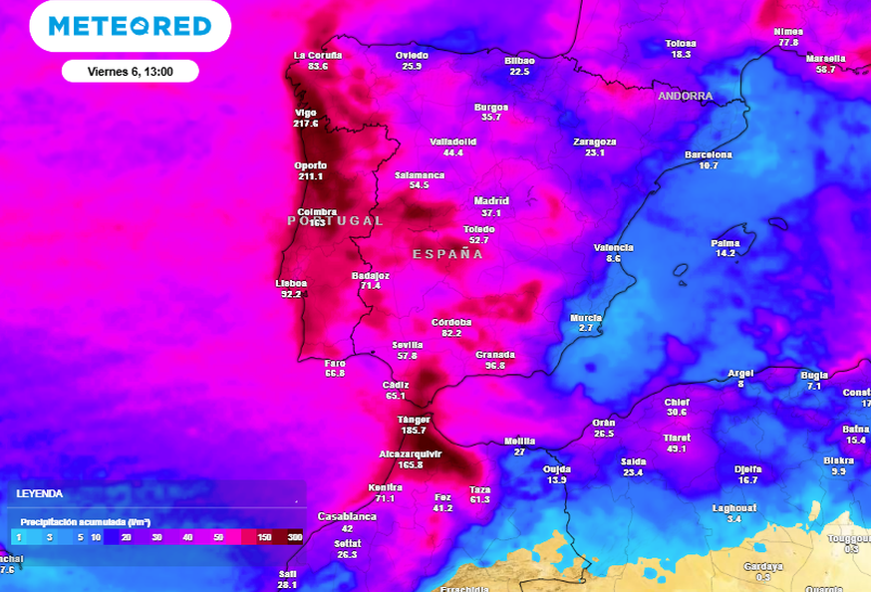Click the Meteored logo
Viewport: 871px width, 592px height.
tap(130, 26)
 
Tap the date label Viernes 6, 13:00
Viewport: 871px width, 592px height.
tap(130, 72)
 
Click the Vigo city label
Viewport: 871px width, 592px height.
tap(306, 113)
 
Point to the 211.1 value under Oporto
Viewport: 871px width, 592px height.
tap(310, 176)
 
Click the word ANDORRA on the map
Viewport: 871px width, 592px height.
tap(686, 97)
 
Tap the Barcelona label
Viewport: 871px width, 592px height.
tap(709, 155)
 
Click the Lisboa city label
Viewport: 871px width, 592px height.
tap(291, 283)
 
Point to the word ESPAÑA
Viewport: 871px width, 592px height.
tap(447, 254)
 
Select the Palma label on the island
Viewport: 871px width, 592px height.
tap(725, 242)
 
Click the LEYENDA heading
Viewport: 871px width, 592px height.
tap(40, 493)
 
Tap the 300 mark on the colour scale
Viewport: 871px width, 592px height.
tap(295, 537)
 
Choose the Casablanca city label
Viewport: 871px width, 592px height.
tap(347, 517)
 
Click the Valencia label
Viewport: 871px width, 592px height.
tap(613, 247)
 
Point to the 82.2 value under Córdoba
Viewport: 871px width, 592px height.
tap(451, 333)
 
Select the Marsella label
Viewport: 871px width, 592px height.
tap(826, 59)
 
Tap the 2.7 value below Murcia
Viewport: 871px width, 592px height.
tap(586, 328)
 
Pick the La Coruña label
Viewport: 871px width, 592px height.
tap(318, 55)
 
